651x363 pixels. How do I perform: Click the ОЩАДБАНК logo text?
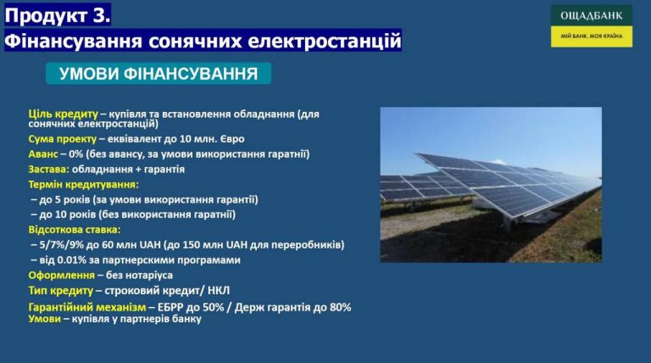(591, 16)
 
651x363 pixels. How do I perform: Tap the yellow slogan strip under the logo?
(592, 36)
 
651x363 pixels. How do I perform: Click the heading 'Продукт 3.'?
(58, 15)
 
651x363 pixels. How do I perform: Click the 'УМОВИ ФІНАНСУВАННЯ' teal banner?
(159, 74)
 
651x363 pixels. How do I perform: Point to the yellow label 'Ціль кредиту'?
(63, 114)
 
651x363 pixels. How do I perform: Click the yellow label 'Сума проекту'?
(62, 139)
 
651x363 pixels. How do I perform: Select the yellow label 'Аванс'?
(43, 154)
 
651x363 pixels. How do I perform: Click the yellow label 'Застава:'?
(48, 170)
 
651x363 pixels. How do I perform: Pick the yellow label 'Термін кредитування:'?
(83, 184)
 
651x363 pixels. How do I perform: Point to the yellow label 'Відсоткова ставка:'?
(75, 230)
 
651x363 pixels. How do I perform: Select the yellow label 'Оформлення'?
(61, 276)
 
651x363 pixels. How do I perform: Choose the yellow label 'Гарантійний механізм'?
(87, 307)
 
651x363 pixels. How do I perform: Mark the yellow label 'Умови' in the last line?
(44, 319)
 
